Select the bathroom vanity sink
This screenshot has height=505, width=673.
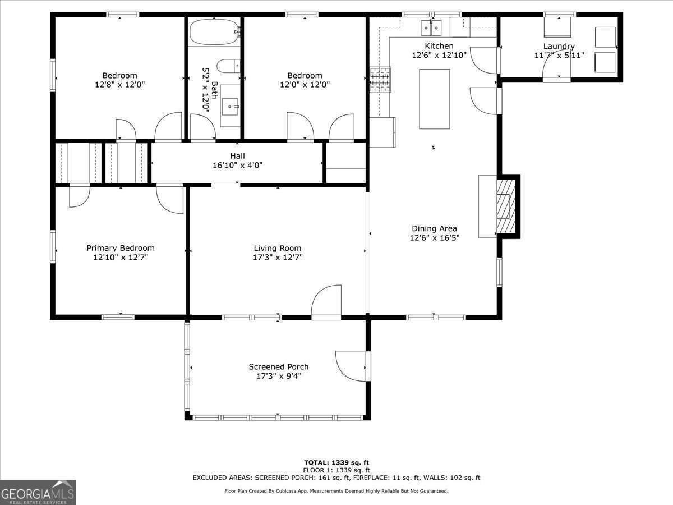click(230, 105)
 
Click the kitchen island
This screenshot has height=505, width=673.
click(435, 99)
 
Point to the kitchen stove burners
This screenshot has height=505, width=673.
click(380, 80)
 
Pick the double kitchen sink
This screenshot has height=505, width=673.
click(431, 27)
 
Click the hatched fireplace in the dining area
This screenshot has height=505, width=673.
click(506, 206)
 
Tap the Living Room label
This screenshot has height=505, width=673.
click(277, 248)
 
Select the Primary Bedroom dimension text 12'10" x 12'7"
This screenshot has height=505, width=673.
click(120, 258)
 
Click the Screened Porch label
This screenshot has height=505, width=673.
click(278, 366)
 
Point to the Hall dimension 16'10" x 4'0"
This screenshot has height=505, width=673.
click(237, 165)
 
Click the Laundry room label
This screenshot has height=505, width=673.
click(559, 46)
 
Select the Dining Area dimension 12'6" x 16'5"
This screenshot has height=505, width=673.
click(434, 238)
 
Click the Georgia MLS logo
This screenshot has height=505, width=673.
click(38, 492)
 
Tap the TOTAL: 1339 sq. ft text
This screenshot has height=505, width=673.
click(336, 462)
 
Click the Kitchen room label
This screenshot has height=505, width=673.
click(439, 46)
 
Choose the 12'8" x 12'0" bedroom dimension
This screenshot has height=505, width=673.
click(119, 85)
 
